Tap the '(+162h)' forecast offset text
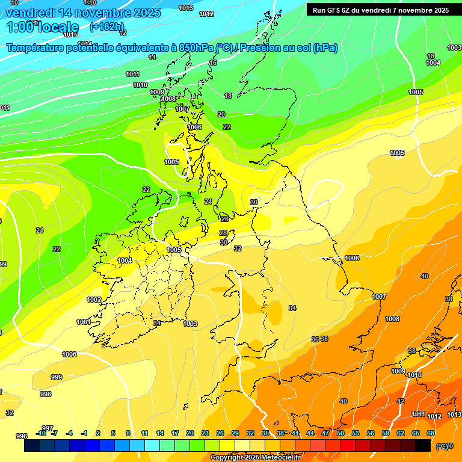pyautogui.click(x=106, y=27)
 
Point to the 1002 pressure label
pyautogui.click(x=94, y=300)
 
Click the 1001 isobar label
pyautogui.click(x=84, y=322)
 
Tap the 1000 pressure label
pyautogui.click(x=69, y=354)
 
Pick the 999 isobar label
pyautogui.click(x=56, y=377)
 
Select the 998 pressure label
pyautogui.click(x=46, y=394)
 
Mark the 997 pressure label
pyautogui.click(x=48, y=428)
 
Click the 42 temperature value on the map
pyautogui.click(x=401, y=401)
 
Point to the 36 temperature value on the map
pyautogui.click(x=315, y=339)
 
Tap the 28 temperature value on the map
pyautogui.click(x=223, y=233)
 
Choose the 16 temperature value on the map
pyautogui.click(x=213, y=63)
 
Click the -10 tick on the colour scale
pyautogui.click(x=42, y=433)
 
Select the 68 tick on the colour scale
pyautogui.click(x=431, y=433)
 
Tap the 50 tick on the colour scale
pyautogui.click(x=340, y=433)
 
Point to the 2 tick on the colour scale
pyautogui.click(x=97, y=433)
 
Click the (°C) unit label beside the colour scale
pyautogui.click(x=442, y=446)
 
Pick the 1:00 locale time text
pyautogui.click(x=43, y=27)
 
